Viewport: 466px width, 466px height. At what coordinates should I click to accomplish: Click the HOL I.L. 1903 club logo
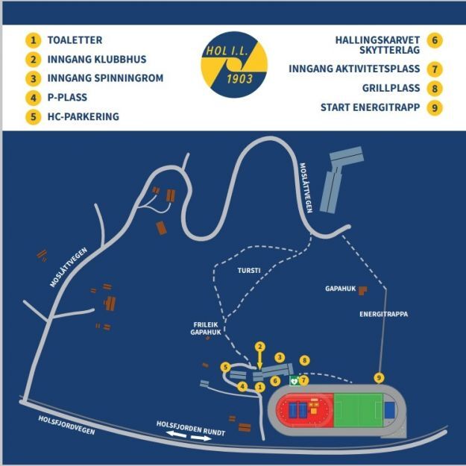233,67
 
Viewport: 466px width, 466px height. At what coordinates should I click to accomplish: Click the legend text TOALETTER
74,40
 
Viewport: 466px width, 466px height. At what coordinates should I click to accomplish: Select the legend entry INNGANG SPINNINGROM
105,78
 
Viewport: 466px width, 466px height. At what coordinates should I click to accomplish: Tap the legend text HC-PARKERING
83,116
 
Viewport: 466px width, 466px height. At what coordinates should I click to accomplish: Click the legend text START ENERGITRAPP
371,107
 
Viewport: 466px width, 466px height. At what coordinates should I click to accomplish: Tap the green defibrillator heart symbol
295,380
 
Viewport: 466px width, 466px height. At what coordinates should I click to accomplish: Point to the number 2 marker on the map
259,347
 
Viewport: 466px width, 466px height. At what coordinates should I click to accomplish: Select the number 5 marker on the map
224,367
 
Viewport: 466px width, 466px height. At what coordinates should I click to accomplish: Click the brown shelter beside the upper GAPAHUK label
363,289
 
